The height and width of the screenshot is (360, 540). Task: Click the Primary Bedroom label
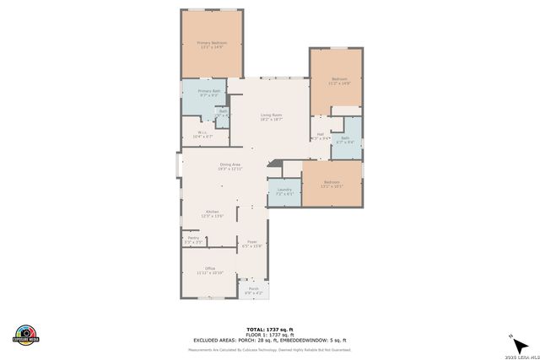tap(213, 45)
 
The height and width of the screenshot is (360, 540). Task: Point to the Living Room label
tap(270, 117)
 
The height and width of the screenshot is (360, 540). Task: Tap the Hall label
tap(320, 136)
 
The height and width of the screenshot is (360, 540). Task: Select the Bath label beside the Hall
tap(345, 140)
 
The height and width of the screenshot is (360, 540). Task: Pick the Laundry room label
tap(284, 191)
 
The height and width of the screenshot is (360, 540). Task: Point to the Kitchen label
tap(212, 213)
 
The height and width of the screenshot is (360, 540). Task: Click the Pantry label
tap(193, 240)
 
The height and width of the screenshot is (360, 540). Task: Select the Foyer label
tap(251, 244)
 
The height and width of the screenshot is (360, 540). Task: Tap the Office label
tap(210, 271)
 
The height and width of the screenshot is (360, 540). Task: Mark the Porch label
tap(253, 291)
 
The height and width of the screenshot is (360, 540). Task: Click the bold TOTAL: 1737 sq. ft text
tap(269, 328)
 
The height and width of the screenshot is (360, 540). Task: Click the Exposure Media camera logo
tap(26, 335)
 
